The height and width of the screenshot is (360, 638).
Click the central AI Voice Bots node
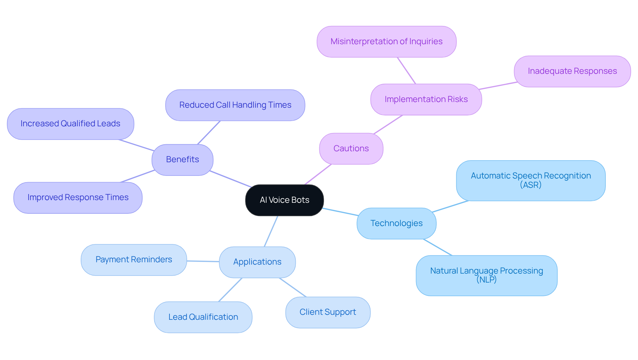pyautogui.click(x=284, y=200)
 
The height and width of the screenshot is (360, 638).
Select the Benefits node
pyautogui.click(x=182, y=160)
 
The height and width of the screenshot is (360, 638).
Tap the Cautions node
pyautogui.click(x=351, y=149)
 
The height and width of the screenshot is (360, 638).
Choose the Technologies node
pyautogui.click(x=396, y=223)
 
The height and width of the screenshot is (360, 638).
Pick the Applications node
pyautogui.click(x=257, y=262)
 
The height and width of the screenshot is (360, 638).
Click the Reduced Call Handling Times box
pyautogui.click(x=235, y=105)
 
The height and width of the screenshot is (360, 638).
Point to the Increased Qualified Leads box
pyautogui.click(x=70, y=124)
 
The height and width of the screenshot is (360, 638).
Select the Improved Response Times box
pyautogui.click(x=78, y=197)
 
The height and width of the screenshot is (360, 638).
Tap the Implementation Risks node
pyautogui.click(x=426, y=99)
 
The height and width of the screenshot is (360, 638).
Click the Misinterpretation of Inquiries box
pyautogui.click(x=386, y=42)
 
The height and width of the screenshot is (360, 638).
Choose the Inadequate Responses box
pyautogui.click(x=572, y=71)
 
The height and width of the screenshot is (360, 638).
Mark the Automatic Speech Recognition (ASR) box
pyautogui.click(x=531, y=180)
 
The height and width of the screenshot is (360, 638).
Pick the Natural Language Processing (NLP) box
pyautogui.click(x=486, y=275)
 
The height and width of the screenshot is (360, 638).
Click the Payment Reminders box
pyautogui.click(x=134, y=260)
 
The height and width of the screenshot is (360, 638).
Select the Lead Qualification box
pyautogui.click(x=203, y=317)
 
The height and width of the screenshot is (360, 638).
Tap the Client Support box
pyautogui.click(x=328, y=312)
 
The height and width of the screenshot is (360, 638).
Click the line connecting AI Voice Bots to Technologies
pyautogui.click(x=341, y=212)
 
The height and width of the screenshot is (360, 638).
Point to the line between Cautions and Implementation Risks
pyautogui.click(x=388, y=125)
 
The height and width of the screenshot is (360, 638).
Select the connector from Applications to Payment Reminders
pyautogui.click(x=203, y=261)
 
